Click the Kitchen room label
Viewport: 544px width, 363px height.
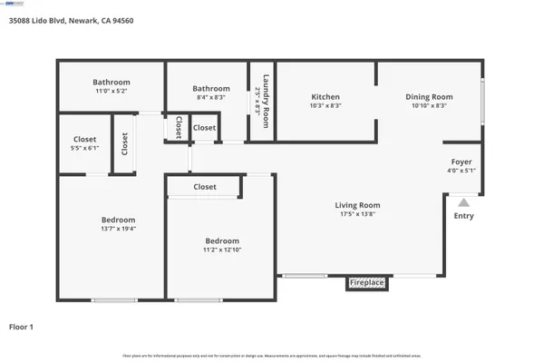(325, 97)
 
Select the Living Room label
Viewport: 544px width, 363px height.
(357, 206)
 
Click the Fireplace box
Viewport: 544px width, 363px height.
(367, 283)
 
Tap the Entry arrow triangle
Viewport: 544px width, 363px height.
(463, 203)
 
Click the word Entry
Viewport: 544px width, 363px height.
(463, 216)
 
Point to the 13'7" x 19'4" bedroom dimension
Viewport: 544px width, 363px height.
(118, 229)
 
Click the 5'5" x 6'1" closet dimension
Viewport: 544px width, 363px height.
(85, 148)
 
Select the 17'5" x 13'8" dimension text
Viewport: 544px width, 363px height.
(357, 215)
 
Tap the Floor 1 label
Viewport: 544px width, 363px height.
(22, 326)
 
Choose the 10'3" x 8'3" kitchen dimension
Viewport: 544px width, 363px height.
(325, 106)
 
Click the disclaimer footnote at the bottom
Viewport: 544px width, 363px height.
(272, 355)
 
